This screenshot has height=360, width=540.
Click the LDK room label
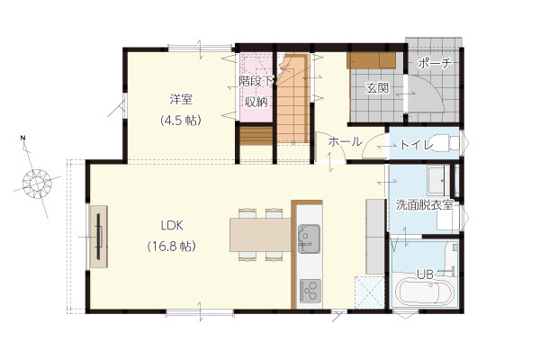pyautogui.click(x=172, y=226)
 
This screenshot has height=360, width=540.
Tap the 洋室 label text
pyautogui.click(x=181, y=100)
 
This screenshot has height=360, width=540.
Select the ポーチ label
pyautogui.click(x=435, y=63)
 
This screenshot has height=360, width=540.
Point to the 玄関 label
pyautogui.click(x=377, y=88)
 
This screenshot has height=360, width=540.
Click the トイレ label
pyautogui.click(x=417, y=145)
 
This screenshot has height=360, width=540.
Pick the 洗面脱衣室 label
pyautogui.click(x=424, y=205)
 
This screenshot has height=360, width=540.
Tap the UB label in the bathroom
pyautogui.click(x=425, y=274)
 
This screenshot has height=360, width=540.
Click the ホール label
pyautogui.click(x=345, y=141)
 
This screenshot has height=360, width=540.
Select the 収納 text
pyautogui.click(x=256, y=102)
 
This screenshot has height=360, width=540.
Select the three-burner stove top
pyautogui.click(x=310, y=291)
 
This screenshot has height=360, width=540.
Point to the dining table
pyautogui.click(x=261, y=235)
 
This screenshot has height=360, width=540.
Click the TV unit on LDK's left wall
pyautogui.click(x=99, y=237)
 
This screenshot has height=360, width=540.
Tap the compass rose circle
pyautogui.click(x=37, y=184)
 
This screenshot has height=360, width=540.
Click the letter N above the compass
pyautogui.click(x=22, y=138)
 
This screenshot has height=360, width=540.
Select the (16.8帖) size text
pyautogui.click(x=172, y=247)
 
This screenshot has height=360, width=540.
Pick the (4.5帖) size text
pyautogui.click(x=181, y=121)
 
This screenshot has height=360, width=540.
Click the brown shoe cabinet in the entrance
pyautogui.click(x=371, y=60)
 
